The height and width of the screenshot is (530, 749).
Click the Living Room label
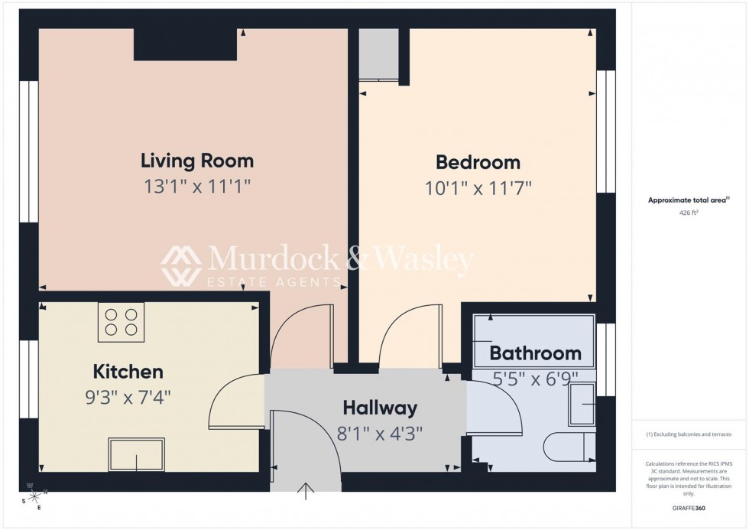click(x=197, y=161)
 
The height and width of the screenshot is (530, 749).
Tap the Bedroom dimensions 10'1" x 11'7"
click(x=478, y=188)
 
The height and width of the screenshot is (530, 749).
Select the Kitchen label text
click(x=128, y=372)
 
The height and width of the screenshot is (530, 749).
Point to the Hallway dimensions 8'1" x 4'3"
click(x=380, y=433)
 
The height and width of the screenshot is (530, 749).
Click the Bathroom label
click(x=535, y=353)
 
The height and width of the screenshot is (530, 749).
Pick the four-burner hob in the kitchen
click(x=121, y=322)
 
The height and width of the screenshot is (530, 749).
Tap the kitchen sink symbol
click(x=136, y=454)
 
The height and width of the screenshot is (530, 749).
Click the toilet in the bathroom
click(x=569, y=445)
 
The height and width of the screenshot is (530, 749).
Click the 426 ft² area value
click(x=689, y=213)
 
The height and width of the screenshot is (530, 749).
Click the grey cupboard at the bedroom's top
click(x=378, y=54)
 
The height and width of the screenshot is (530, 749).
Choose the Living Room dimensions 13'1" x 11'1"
click(x=197, y=186)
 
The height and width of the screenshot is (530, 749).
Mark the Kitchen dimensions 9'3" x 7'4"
click(x=128, y=398)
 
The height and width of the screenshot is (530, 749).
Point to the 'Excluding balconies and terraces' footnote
click(x=689, y=434)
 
